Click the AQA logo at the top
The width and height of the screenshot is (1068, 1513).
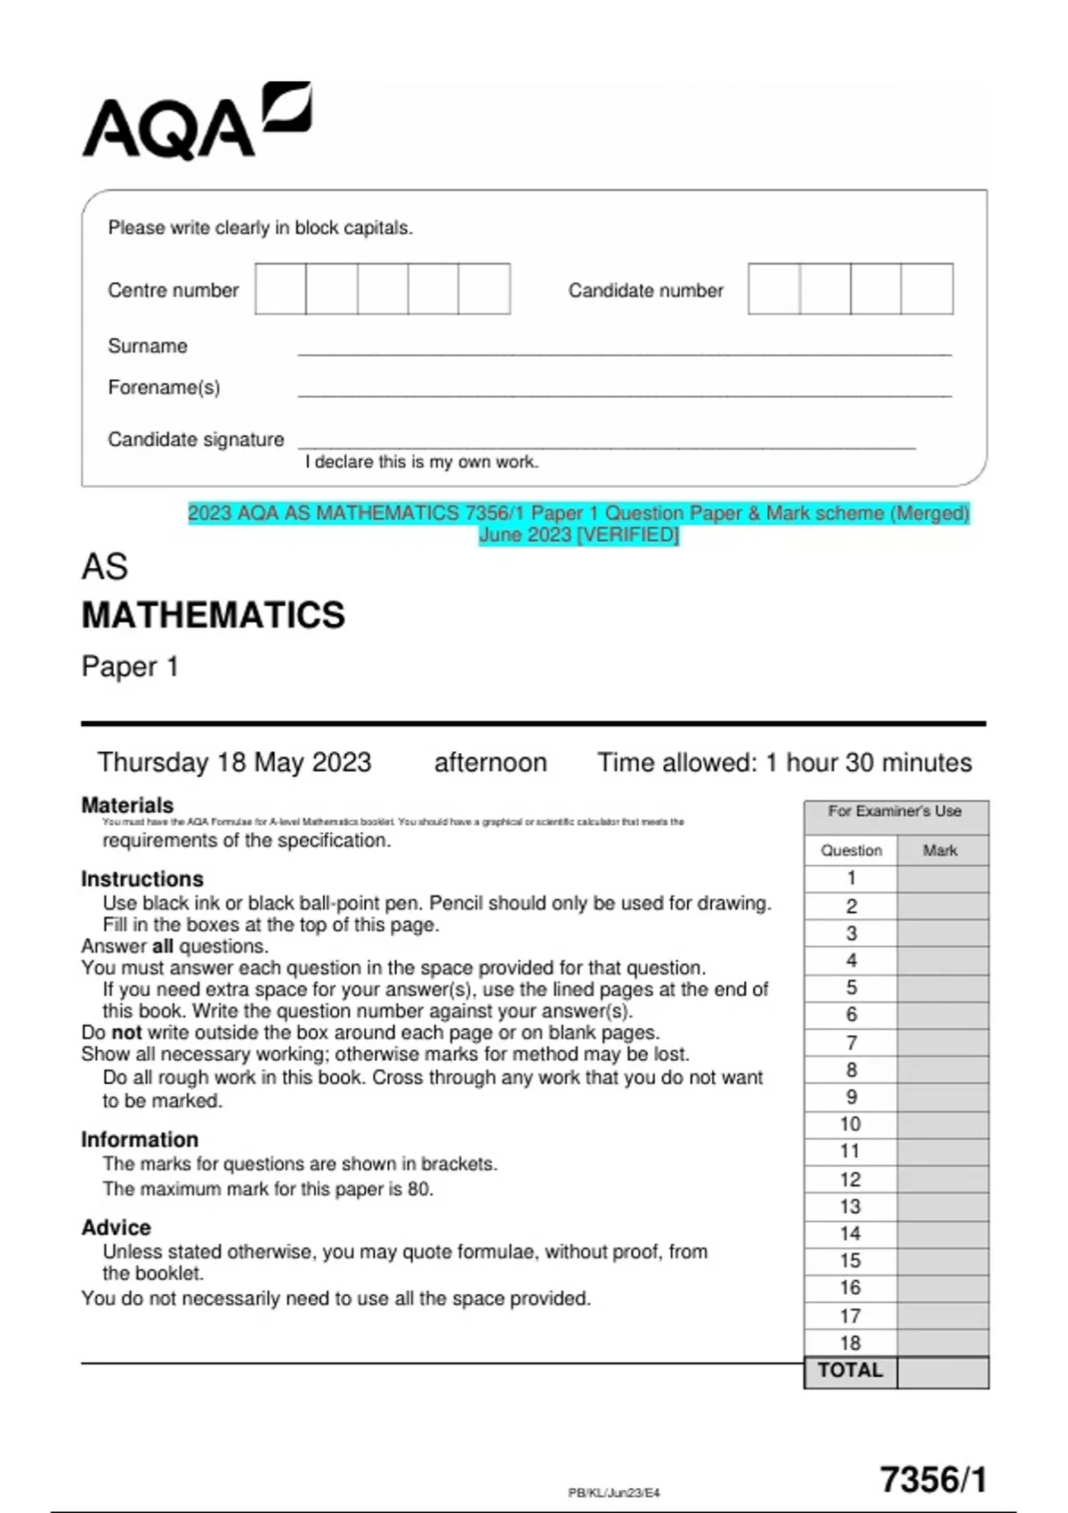click(x=196, y=123)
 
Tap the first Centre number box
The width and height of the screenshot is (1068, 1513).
click(x=280, y=288)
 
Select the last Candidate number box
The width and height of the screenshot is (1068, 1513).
click(x=926, y=288)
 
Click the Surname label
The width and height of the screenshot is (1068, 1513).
click(x=148, y=346)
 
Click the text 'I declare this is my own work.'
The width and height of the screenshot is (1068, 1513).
click(x=421, y=462)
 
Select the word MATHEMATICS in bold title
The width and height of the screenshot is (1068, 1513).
click(x=213, y=615)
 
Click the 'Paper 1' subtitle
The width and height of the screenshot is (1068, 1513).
click(x=130, y=667)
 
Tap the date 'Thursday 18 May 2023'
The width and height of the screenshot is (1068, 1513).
click(x=234, y=763)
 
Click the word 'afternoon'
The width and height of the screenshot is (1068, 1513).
click(x=489, y=763)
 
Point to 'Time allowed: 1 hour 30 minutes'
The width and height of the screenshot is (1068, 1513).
click(x=784, y=763)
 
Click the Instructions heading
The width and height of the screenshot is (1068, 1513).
click(x=142, y=878)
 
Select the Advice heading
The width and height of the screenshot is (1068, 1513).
click(x=116, y=1227)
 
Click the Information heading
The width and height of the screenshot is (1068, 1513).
click(x=140, y=1139)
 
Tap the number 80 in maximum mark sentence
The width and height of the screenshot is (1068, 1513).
click(x=418, y=1189)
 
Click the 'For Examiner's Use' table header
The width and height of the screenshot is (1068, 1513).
click(x=894, y=811)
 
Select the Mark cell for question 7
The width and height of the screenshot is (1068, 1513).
click(x=943, y=1043)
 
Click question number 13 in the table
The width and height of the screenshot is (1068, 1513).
click(x=850, y=1207)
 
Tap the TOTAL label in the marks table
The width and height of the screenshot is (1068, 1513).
click(x=850, y=1371)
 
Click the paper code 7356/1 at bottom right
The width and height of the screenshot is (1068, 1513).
click(x=934, y=1479)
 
